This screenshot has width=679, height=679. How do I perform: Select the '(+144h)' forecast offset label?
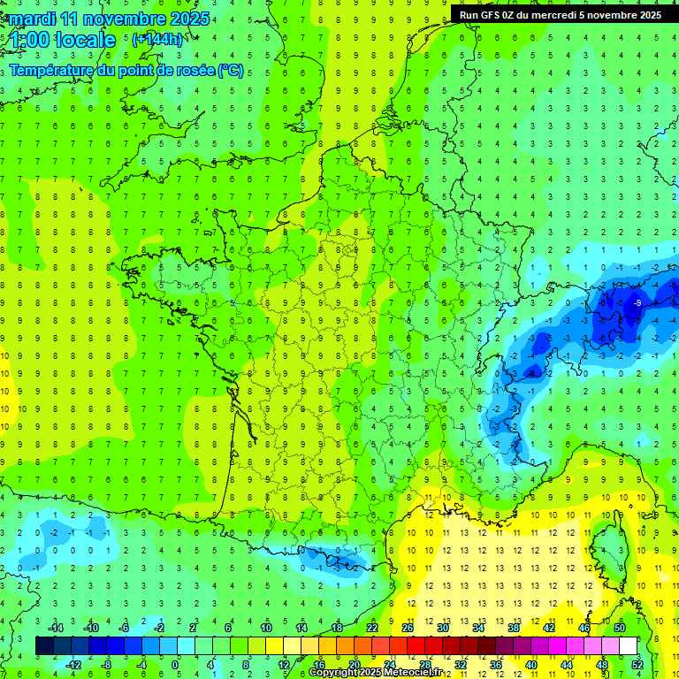tap(156, 39)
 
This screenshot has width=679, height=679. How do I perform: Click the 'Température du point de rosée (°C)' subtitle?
tap(126, 71)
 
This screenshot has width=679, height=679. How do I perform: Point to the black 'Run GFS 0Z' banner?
tap(561, 14)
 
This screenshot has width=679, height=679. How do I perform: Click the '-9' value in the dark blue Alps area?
tap(637, 303)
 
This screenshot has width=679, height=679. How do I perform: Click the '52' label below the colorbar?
tap(637, 664)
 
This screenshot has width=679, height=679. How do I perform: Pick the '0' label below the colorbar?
tap(175, 664)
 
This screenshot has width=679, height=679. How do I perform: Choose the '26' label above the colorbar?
tap(408, 628)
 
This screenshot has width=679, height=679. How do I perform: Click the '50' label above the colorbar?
tap(620, 628)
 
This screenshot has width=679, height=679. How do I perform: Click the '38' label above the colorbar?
tap(514, 628)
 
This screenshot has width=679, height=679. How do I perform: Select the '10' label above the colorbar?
tap(265, 628)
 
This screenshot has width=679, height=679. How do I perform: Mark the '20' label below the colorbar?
tap(354, 664)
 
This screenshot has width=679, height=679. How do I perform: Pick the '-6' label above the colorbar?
tap(125, 628)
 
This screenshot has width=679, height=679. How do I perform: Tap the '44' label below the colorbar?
tap(567, 664)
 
